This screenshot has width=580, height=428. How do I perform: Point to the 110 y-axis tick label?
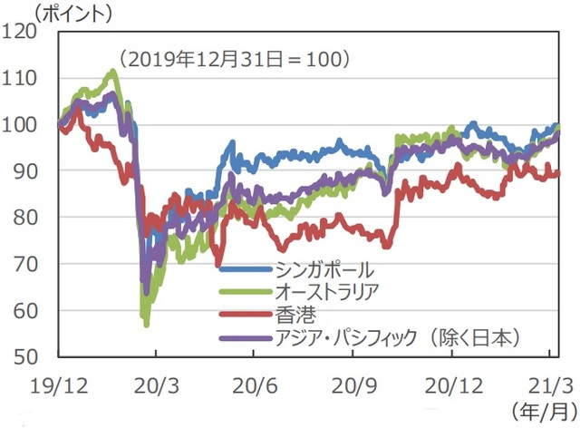click(34, 78)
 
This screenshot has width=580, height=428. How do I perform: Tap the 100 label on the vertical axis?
click(34, 124)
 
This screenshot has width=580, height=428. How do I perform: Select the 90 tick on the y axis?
click(38, 170)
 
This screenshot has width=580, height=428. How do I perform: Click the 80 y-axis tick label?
click(38, 217)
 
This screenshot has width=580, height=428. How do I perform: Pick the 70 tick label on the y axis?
click(38, 264)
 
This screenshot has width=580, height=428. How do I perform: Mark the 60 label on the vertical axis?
click(38, 310)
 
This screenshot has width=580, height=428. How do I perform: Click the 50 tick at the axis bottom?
click(38, 356)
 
